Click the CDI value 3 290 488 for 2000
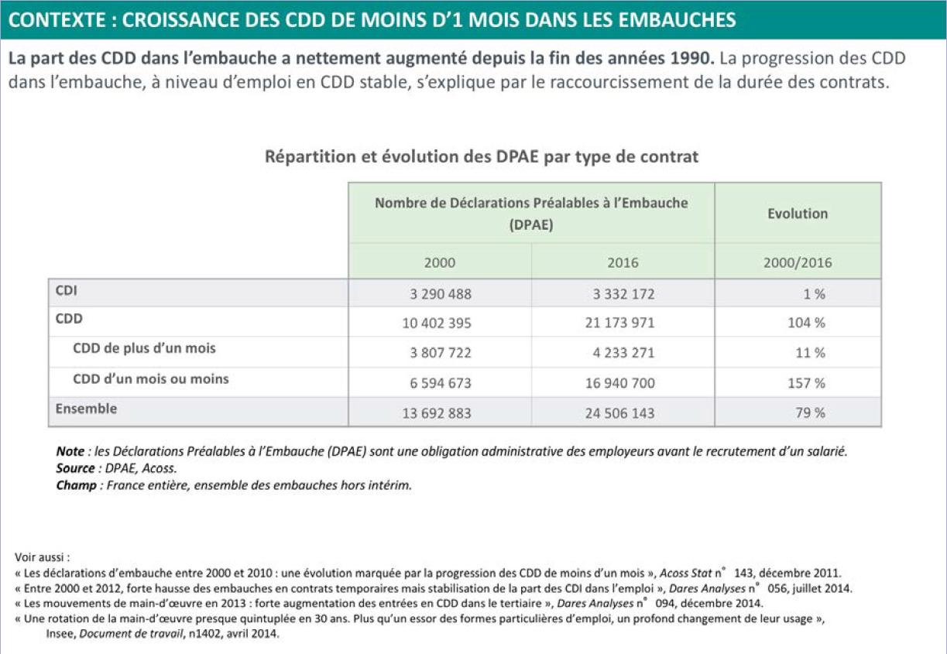coord(440,294)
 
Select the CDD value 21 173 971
coord(619,324)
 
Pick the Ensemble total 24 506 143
coord(619,413)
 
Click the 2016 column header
coord(623,263)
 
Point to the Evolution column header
coord(798,214)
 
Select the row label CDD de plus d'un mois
coord(144,348)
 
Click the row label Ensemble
coord(86,409)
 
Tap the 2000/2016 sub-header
coord(798,263)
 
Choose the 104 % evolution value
coord(806,324)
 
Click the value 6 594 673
coord(440,383)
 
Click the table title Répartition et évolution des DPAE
coord(482,157)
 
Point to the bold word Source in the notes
coord(75,468)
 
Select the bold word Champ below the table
coord(75,486)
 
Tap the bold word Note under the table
coord(70,451)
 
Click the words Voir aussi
coord(43,556)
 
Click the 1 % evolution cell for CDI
coord(813,294)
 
